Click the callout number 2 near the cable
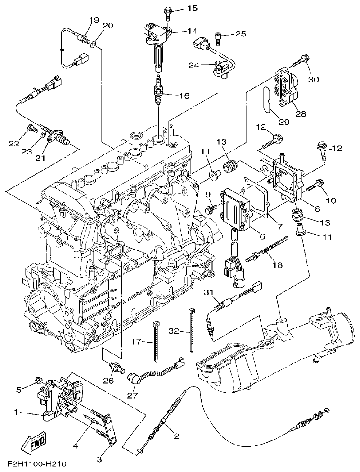click(176, 436)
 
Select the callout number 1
click(16, 412)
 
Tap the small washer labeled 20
click(94, 45)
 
